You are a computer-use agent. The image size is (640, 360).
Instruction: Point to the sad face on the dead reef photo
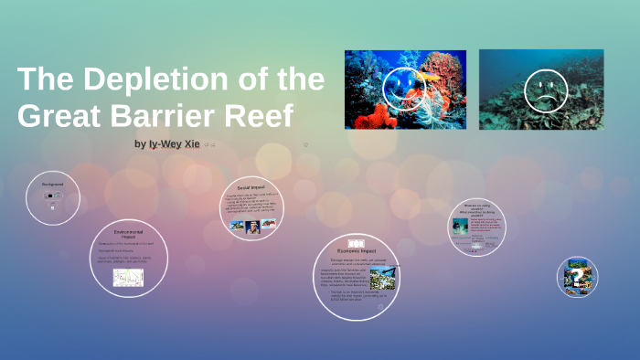tap(547, 90)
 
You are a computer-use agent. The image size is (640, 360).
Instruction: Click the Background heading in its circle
tap(52, 185)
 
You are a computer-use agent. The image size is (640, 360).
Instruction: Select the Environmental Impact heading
tap(128, 234)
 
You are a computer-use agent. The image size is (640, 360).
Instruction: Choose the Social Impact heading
tap(250, 187)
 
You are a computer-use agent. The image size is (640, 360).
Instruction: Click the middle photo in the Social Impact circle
tap(252, 226)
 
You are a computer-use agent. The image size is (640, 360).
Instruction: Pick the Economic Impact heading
tap(355, 249)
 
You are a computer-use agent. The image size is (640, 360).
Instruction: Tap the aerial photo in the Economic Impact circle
tap(382, 278)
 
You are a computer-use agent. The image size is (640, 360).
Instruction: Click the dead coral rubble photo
tap(540, 90)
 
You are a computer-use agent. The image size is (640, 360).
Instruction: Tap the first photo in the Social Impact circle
tap(237, 226)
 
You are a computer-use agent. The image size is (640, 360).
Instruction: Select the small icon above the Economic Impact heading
tap(355, 241)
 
